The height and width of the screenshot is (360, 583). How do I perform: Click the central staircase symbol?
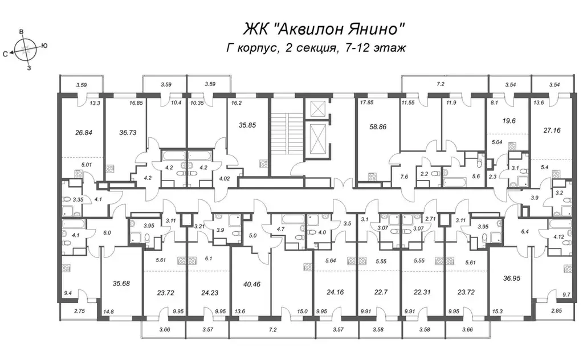[287, 128]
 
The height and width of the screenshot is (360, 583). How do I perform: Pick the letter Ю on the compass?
[44, 46]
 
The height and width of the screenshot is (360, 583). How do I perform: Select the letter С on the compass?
[6, 54]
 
